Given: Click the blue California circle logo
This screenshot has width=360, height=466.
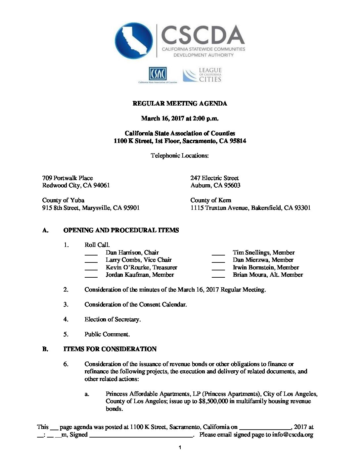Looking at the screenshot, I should tap(134, 41).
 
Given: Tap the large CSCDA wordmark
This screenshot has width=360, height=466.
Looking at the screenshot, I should tap(203, 35).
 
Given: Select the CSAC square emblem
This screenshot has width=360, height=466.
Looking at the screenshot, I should tap(157, 73).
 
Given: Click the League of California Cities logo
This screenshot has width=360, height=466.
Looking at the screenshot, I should tap(202, 75).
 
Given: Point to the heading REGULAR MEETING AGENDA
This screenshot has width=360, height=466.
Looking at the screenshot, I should tap(180, 104).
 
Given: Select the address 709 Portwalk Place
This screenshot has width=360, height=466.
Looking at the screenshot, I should tap(67, 178).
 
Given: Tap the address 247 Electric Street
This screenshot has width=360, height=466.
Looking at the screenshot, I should tap(214, 178).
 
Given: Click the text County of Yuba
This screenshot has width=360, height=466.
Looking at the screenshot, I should tap(63, 200).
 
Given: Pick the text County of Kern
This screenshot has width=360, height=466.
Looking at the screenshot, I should tap(211, 200).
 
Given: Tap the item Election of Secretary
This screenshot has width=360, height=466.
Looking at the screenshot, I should tap(112, 319).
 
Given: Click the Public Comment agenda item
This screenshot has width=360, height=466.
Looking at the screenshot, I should tap(107, 334).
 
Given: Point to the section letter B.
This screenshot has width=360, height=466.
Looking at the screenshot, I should tap(45, 349).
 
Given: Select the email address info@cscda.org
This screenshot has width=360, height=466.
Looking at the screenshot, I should tap(292, 435).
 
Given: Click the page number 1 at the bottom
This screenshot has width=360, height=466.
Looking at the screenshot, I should tap(180, 448).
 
